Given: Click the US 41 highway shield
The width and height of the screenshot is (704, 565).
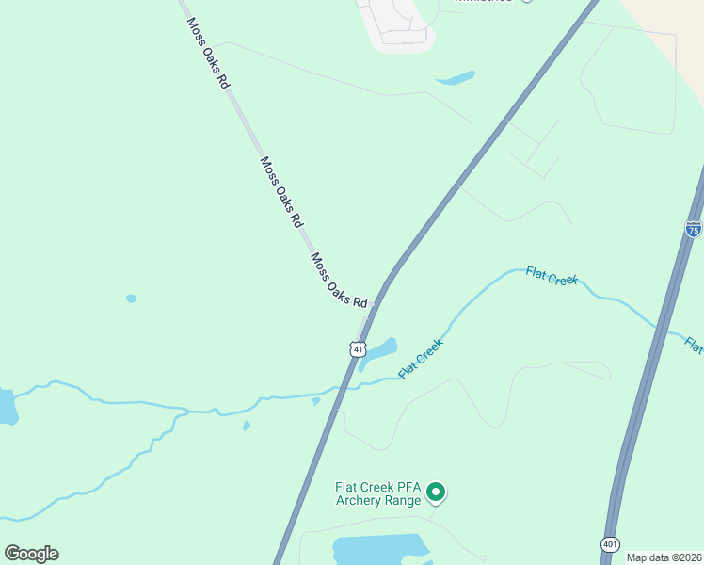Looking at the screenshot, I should pos(358,349).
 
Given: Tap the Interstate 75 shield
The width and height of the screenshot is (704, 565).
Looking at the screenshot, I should pos(693,228).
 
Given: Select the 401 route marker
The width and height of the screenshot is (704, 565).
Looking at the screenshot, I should pos(610,545).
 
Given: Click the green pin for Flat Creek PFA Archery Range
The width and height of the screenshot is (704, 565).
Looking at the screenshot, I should pos(436,492).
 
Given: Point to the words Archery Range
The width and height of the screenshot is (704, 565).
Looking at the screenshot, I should pos(377,500).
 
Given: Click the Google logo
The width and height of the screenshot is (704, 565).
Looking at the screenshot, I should pos(31,554).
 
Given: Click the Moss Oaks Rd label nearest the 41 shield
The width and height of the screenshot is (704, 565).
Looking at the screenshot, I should pos(339,282).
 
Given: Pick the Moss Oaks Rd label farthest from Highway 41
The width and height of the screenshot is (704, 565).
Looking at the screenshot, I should pos(208,54).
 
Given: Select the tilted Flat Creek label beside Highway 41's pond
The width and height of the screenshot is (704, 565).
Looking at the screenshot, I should pos(421,359).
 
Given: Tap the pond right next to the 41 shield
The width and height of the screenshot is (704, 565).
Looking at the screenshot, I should pos(379,350).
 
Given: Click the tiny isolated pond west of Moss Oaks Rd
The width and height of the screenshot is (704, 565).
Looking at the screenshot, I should pos(132,299).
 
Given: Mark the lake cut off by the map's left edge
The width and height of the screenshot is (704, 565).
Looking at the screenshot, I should pos(7,406).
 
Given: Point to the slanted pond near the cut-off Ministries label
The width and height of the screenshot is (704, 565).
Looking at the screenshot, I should pos(456,79).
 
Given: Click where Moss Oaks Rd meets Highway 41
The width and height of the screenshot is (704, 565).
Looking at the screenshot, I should pos(375,304).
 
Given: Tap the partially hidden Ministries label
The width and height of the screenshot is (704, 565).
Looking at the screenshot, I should pos(484,2).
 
